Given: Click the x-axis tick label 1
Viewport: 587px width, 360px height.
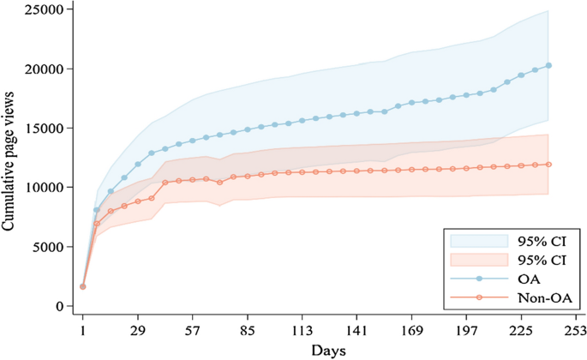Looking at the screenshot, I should coord(83,330).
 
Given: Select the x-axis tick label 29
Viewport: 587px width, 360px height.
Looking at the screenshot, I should coord(138,330).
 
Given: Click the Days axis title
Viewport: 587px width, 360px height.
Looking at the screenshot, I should coord(329,351).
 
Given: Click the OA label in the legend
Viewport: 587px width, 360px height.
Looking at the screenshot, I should coord(529,279).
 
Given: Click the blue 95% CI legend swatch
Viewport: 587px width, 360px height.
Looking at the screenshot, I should coord(478,240).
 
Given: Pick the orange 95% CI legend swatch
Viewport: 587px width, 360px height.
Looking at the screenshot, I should coord(478,259).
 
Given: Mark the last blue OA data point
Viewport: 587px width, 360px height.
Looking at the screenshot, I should coord(548,65).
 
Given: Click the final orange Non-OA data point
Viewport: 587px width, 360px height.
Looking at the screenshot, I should coord(548,165).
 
